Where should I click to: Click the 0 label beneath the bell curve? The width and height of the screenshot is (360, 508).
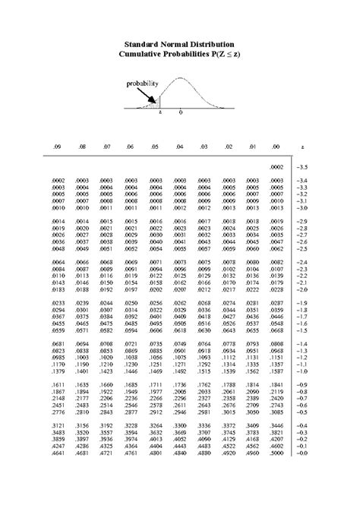(180, 112)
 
